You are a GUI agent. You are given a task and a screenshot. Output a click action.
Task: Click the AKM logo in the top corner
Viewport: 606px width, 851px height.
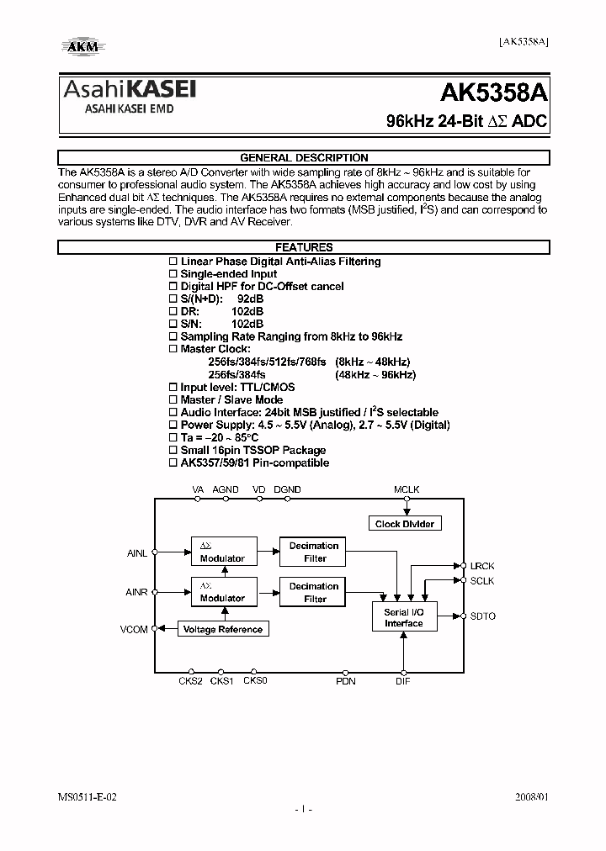[x=81, y=47]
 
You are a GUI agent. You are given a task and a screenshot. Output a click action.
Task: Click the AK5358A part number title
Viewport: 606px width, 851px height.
[x=495, y=92]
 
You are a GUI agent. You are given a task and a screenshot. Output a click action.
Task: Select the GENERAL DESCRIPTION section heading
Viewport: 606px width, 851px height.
[x=304, y=157]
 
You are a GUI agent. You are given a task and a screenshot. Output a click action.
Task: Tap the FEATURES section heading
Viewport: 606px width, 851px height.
[x=304, y=247]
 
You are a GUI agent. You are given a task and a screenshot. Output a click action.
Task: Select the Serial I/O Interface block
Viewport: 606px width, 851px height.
[x=403, y=618]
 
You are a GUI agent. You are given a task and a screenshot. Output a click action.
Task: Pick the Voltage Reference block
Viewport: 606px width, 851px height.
[x=222, y=629]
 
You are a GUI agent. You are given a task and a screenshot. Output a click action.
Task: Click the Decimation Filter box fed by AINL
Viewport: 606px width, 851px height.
[x=314, y=552]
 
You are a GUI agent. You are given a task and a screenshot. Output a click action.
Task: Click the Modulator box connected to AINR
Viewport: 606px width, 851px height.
[x=222, y=592]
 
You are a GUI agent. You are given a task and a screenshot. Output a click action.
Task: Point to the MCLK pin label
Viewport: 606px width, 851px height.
[x=407, y=489]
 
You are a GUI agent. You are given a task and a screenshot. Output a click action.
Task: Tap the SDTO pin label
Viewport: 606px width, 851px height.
[x=483, y=616]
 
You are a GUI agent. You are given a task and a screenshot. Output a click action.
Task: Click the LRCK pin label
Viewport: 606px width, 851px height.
[x=482, y=567]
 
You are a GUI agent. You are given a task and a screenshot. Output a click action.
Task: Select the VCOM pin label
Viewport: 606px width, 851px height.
[x=135, y=629]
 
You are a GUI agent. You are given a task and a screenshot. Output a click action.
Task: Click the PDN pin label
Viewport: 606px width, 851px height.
[x=346, y=681]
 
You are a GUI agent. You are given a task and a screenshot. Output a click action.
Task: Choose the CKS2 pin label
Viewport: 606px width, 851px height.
[x=190, y=681]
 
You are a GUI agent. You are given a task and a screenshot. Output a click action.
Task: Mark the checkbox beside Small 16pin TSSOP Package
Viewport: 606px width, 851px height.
[x=173, y=451]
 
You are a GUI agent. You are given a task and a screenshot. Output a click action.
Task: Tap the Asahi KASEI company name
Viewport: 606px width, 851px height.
[x=130, y=90]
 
